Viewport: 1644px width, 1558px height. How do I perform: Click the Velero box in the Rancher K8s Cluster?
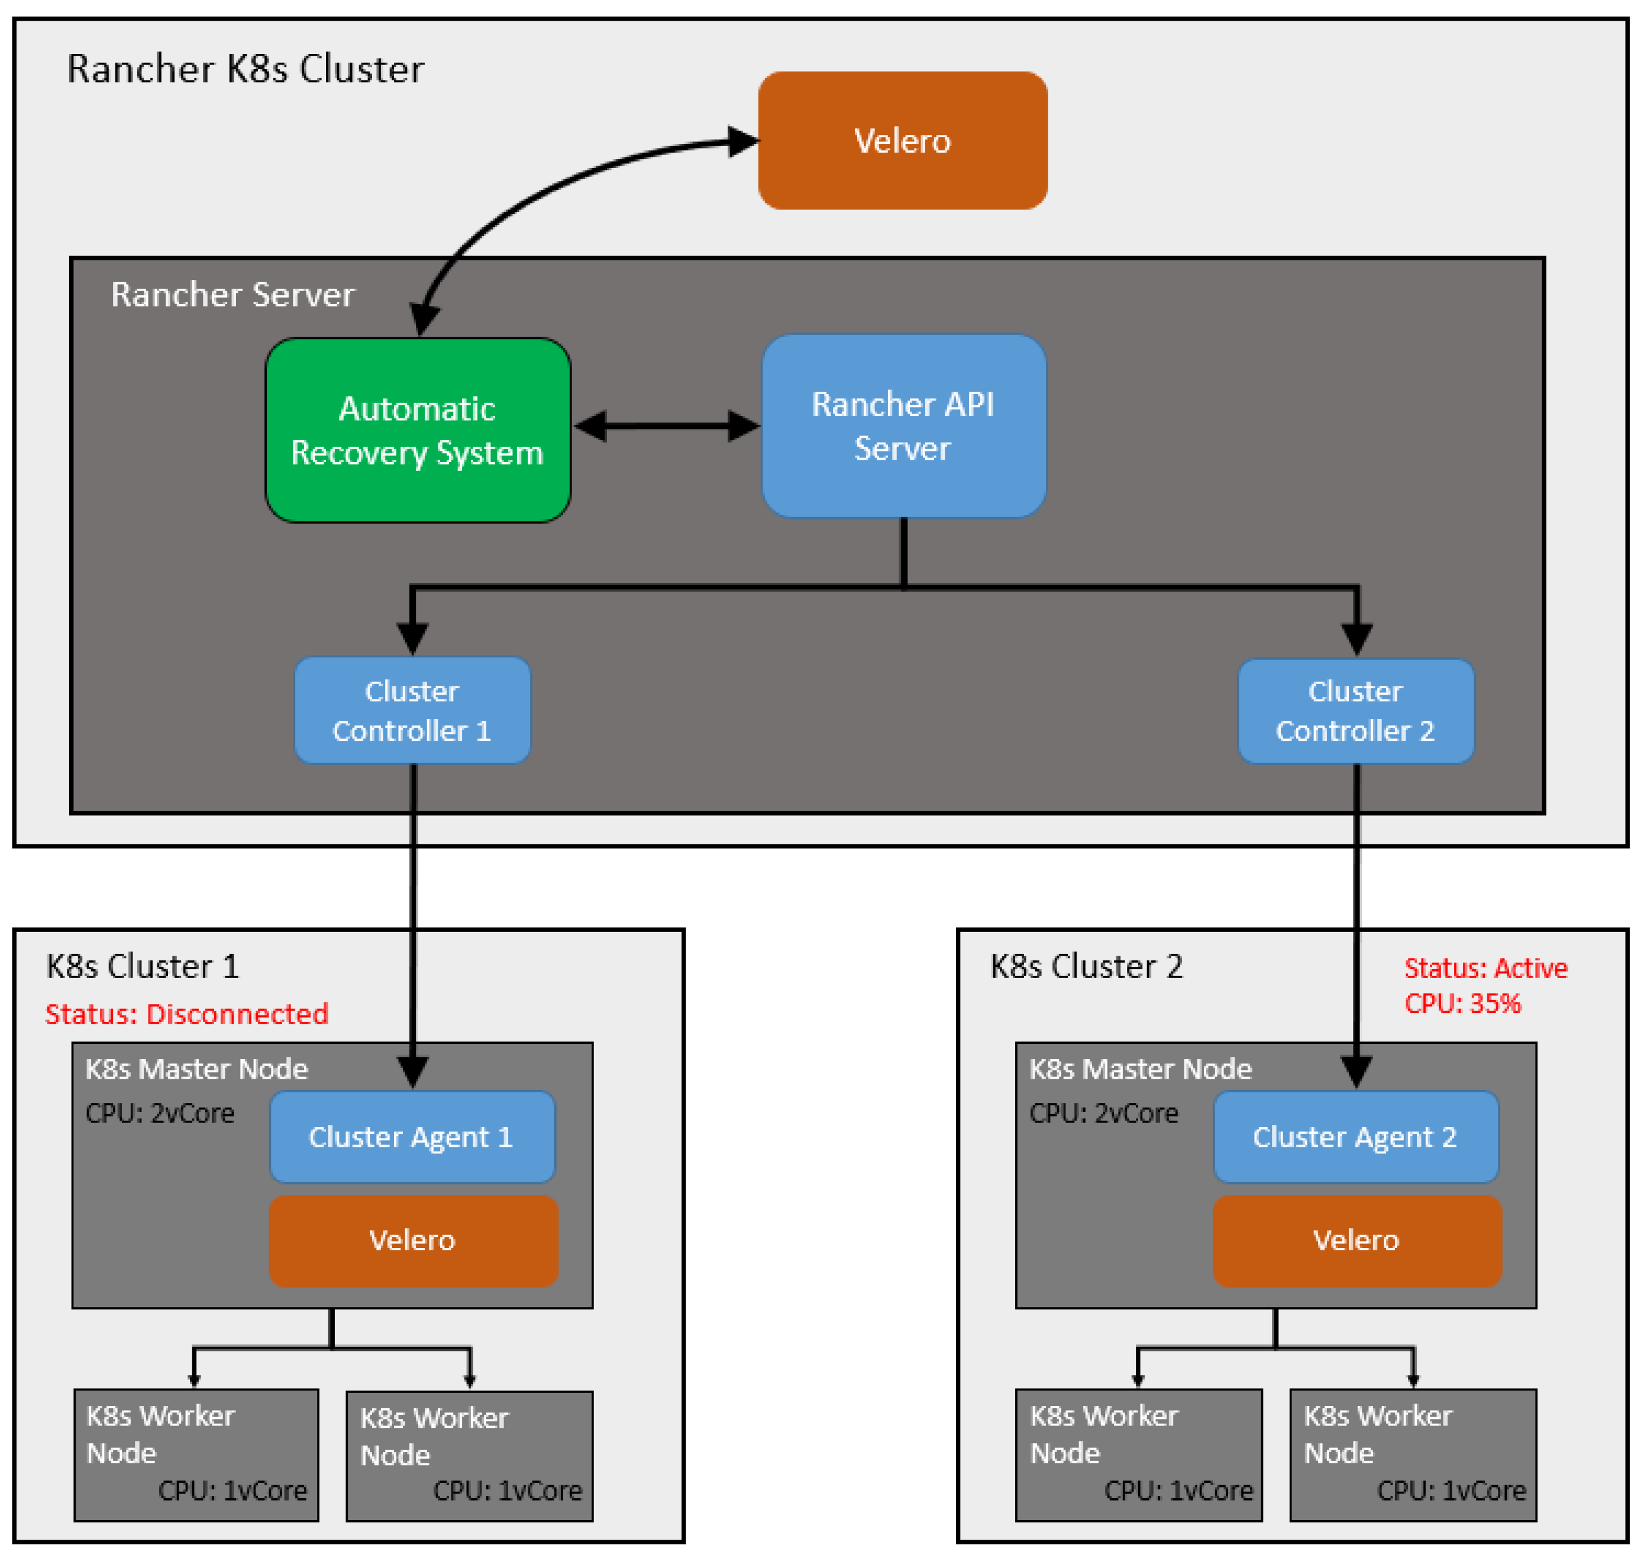click(x=903, y=140)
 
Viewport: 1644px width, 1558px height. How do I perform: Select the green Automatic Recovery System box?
click(x=418, y=430)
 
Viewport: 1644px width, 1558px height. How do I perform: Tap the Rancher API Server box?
click(x=903, y=426)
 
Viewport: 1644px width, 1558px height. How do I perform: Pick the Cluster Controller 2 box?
click(x=1356, y=711)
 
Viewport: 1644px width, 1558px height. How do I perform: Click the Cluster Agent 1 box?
click(x=412, y=1137)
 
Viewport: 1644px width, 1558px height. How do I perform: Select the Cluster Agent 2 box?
click(x=1356, y=1137)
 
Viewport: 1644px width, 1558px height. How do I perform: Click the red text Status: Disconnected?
click(x=187, y=1014)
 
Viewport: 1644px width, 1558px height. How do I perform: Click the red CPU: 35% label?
click(x=1462, y=1003)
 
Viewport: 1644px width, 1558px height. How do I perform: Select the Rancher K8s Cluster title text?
click(x=245, y=69)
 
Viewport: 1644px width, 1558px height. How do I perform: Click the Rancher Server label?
click(x=232, y=295)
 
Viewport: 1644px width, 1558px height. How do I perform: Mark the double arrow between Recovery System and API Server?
click(x=667, y=426)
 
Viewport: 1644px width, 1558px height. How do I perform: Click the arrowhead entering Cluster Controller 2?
click(x=1356, y=640)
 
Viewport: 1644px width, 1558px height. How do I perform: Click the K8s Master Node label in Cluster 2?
click(x=1140, y=1069)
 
